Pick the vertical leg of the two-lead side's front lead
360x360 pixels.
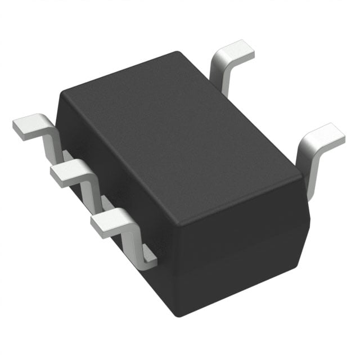pyautogui.click(x=308, y=169)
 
